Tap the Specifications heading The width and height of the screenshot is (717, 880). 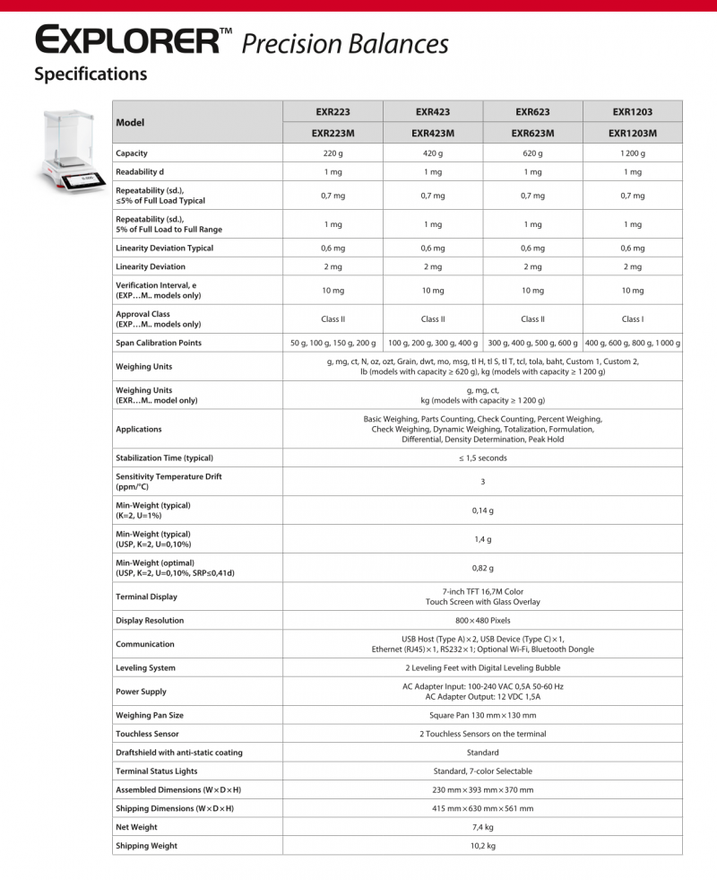click(x=91, y=74)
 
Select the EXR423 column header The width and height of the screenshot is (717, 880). click(x=433, y=112)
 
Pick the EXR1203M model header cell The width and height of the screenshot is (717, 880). click(x=633, y=134)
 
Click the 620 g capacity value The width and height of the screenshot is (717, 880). click(x=532, y=153)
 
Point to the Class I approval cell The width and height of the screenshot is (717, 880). click(x=633, y=318)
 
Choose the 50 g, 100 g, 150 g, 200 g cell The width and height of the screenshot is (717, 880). click(x=333, y=343)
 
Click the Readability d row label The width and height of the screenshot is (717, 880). click(x=140, y=171)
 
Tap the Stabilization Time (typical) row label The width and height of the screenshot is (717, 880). click(x=164, y=457)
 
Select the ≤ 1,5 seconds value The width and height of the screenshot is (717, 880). click(x=483, y=457)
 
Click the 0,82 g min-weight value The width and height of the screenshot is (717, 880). click(x=483, y=568)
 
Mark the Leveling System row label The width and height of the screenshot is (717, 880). click(x=145, y=667)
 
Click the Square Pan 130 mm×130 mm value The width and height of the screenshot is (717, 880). click(x=483, y=715)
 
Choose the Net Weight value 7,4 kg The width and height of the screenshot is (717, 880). click(x=483, y=827)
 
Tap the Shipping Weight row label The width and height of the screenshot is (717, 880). click(x=146, y=845)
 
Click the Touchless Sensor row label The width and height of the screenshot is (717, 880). click(x=147, y=734)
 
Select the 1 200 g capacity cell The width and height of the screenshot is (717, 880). click(x=633, y=153)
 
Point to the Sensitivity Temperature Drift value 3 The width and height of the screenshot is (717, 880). click(x=483, y=482)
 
